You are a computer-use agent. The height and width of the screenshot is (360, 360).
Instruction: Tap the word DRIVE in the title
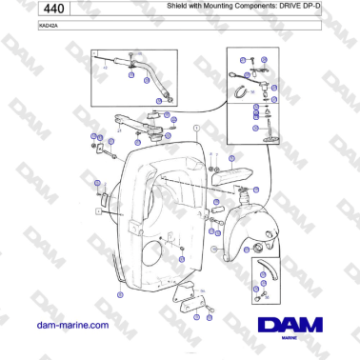[295, 9]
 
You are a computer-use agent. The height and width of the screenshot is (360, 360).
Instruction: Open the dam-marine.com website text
[70, 325]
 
